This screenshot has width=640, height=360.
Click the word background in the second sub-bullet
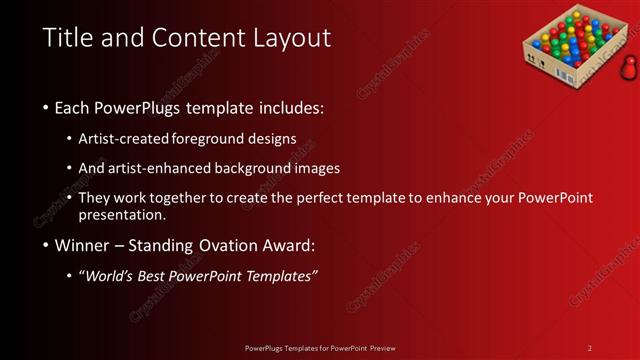pyautogui.click(x=277, y=168)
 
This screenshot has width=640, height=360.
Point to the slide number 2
pyautogui.click(x=589, y=347)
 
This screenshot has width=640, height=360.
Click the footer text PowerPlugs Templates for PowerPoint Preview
pyautogui.click(x=319, y=347)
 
